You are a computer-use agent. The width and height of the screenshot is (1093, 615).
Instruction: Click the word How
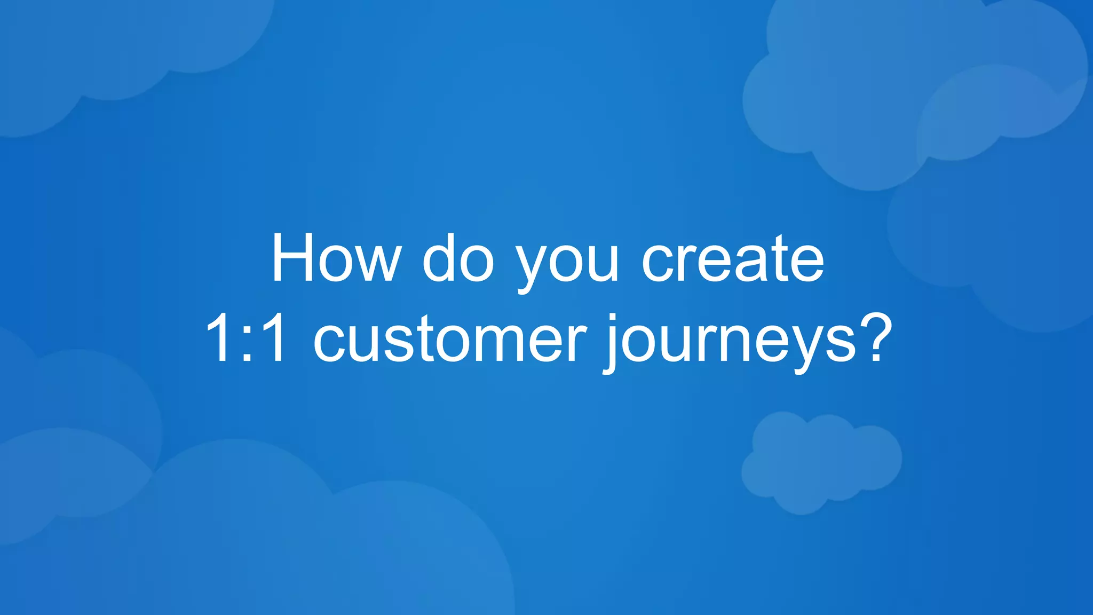tap(336, 258)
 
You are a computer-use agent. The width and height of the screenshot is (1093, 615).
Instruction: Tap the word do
tap(458, 258)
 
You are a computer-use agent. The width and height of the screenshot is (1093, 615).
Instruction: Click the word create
tap(732, 258)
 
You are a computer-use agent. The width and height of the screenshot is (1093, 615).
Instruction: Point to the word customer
tap(449, 340)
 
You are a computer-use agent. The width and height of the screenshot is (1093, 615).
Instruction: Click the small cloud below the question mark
tap(821, 462)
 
